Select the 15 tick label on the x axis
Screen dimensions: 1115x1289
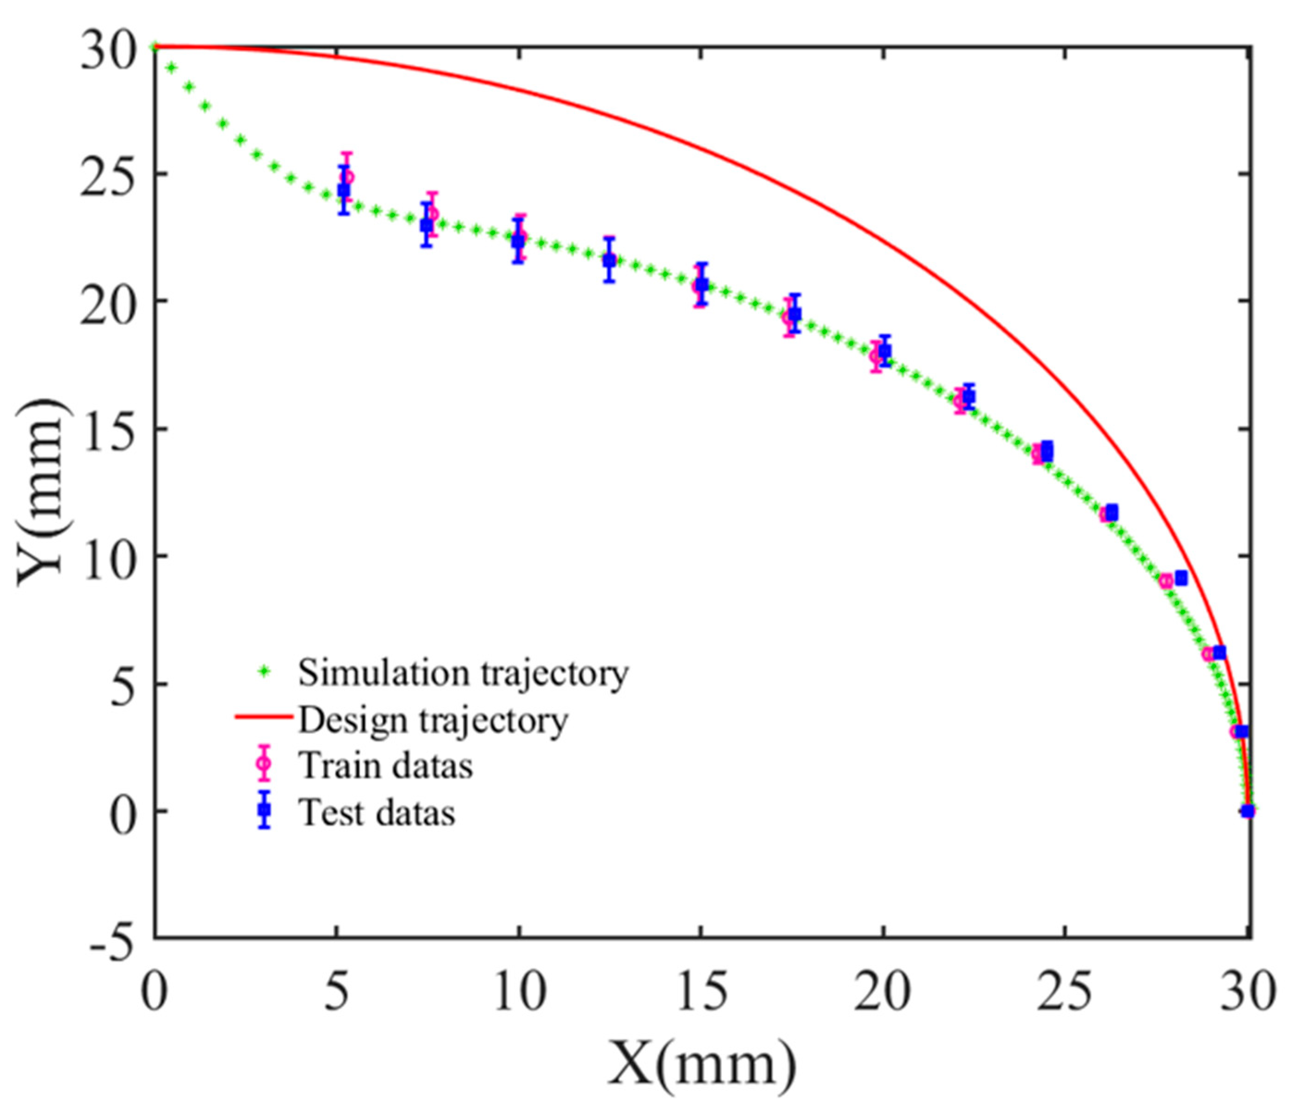[x=701, y=992]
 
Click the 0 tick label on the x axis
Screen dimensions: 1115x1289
[x=155, y=992]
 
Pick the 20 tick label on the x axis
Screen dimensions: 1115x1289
[x=883, y=992]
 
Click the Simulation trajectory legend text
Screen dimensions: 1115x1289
[x=463, y=673]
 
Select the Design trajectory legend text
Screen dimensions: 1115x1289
[x=433, y=720]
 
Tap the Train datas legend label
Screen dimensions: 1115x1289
[x=385, y=766]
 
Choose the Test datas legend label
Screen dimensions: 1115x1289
[x=377, y=813]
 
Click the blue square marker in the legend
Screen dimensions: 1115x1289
[x=265, y=809]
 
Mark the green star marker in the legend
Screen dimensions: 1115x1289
[x=265, y=671]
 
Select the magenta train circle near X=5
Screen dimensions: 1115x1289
[x=348, y=177]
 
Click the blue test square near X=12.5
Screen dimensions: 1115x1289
[x=609, y=260]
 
